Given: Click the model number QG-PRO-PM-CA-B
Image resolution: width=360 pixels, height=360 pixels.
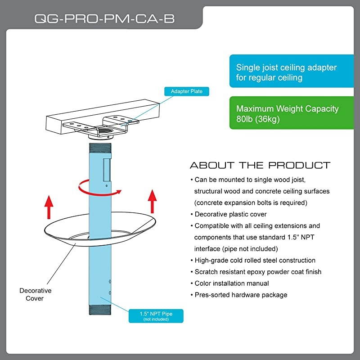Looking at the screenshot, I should coord(105,19).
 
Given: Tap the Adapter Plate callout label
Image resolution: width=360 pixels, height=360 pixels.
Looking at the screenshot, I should coord(187,91).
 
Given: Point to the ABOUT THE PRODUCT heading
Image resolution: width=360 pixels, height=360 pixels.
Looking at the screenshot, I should coord(260,165).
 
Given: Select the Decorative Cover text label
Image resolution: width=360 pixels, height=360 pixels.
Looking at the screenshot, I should coord(36,294).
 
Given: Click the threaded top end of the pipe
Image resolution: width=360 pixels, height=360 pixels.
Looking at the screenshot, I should coord(99,147).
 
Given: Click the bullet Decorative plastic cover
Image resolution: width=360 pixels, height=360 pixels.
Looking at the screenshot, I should coord(230,214).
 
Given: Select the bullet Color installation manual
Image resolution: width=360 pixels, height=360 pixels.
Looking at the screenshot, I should coord(232,283).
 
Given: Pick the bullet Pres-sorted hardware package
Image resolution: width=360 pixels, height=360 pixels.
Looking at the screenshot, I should coord(241,295).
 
